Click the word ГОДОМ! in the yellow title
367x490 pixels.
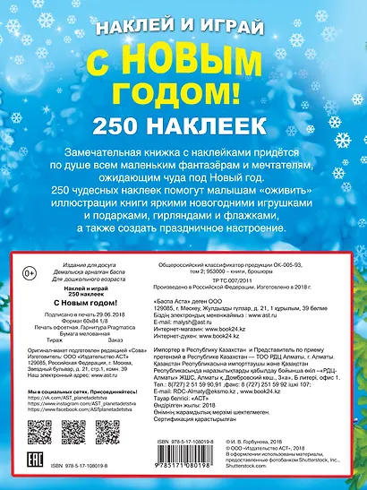click(183, 90)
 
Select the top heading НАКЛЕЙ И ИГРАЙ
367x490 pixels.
click(183, 24)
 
